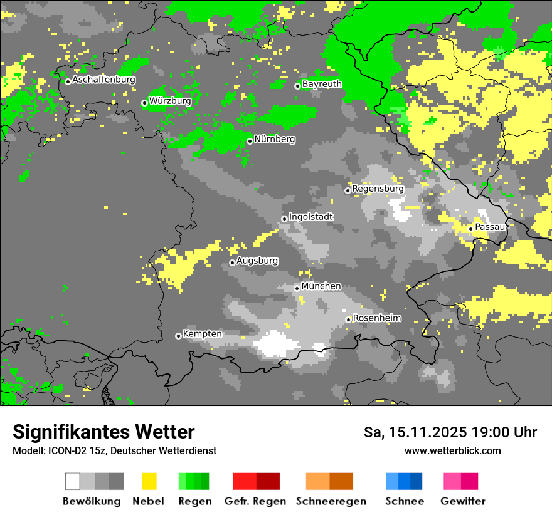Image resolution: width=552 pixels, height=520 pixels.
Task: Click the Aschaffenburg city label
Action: [x=103, y=80]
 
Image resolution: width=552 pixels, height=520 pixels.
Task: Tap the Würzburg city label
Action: [x=170, y=101]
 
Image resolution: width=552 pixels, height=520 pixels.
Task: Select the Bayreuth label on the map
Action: [x=322, y=84]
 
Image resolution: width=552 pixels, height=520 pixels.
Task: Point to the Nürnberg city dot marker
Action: [x=250, y=141]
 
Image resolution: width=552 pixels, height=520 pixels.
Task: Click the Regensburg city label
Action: [x=378, y=189]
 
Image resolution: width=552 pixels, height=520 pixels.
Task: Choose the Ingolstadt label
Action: [x=310, y=217]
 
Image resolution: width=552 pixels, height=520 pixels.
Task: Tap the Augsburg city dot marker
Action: [x=232, y=263]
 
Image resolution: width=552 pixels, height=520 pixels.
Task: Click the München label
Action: [x=321, y=286]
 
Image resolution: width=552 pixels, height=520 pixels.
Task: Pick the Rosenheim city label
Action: [x=376, y=318]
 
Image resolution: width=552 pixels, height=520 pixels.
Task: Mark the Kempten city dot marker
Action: [x=178, y=336]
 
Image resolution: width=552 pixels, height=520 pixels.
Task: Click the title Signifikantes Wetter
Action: [x=103, y=432]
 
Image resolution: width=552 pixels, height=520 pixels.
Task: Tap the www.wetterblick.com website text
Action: [x=452, y=450]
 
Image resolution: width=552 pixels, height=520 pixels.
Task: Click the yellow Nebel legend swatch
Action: [x=149, y=481]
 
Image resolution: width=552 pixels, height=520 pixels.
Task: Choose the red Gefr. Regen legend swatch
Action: [x=256, y=481]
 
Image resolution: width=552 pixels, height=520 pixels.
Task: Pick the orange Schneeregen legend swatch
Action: [x=329, y=481]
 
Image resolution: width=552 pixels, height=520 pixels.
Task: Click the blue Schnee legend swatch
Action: [x=403, y=481]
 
